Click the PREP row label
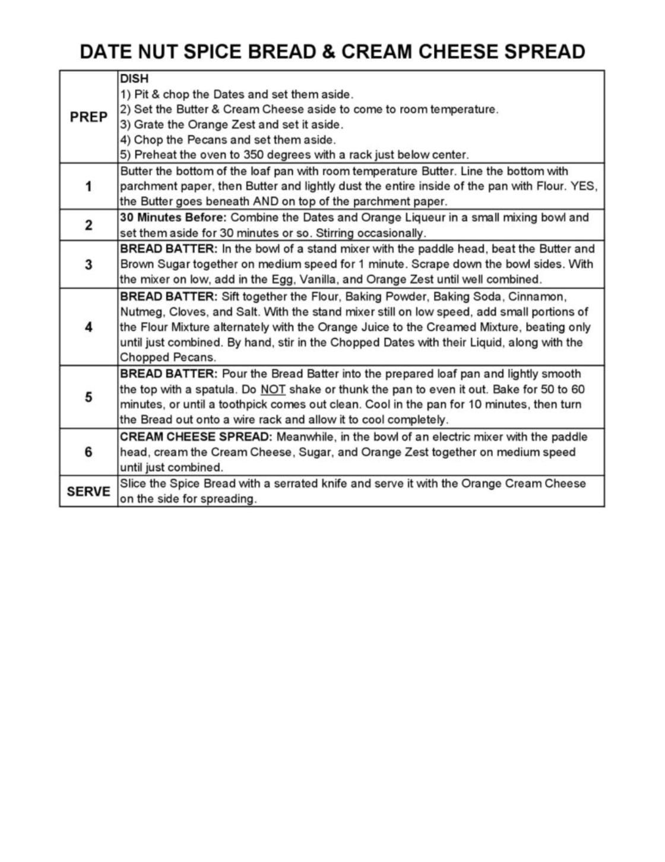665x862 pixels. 88,117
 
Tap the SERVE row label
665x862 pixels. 88,491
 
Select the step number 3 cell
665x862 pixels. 88,264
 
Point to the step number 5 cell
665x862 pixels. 88,397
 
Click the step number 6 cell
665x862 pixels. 88,452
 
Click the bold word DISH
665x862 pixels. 134,78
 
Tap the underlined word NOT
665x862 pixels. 273,389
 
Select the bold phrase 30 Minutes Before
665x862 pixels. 173,217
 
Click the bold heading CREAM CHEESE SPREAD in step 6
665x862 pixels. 196,437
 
